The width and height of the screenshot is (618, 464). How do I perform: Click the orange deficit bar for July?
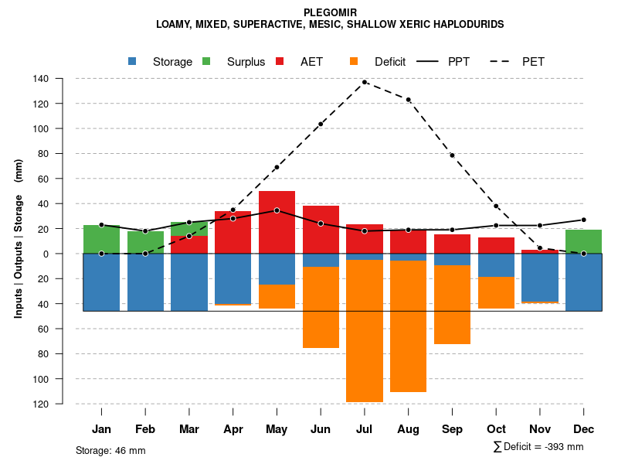pyautogui.click(x=365, y=331)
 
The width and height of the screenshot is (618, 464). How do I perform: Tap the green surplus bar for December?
pyautogui.click(x=584, y=241)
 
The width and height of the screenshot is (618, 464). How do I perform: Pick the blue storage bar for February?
pyautogui.click(x=145, y=282)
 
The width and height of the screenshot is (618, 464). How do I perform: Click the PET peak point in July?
pyautogui.click(x=365, y=82)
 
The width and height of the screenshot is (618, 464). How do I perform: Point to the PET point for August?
pyautogui.click(x=409, y=100)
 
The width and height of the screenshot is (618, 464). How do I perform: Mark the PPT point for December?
pyautogui.click(x=584, y=220)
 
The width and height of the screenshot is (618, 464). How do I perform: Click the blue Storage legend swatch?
pyautogui.click(x=133, y=61)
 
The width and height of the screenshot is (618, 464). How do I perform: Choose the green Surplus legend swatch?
pyautogui.click(x=206, y=61)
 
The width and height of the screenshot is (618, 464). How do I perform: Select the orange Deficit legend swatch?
pyautogui.click(x=354, y=61)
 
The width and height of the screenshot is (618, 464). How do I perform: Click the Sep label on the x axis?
pyautogui.click(x=452, y=428)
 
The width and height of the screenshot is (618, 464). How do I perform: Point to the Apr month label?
pyautogui.click(x=233, y=428)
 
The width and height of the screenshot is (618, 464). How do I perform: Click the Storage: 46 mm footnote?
pyautogui.click(x=110, y=450)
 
